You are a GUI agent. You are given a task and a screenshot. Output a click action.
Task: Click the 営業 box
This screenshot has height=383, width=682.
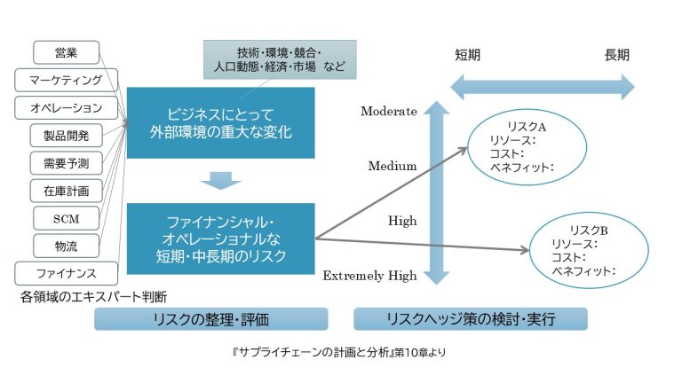pos(66,52)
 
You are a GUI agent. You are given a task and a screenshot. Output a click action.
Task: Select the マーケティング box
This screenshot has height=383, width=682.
pos(66,80)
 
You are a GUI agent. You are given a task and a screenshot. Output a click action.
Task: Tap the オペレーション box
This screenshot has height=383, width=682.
pos(66,107)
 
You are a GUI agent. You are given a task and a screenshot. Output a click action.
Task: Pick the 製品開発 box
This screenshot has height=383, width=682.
pos(66,135)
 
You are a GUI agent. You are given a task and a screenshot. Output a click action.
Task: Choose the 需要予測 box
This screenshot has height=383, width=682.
pos(66,162)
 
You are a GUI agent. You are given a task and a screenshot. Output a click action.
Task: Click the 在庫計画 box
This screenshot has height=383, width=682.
pos(66,190)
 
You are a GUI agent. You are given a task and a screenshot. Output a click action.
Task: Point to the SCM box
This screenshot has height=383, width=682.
pos(66,217)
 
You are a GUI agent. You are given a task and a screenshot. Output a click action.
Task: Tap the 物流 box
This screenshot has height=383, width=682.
pos(66,245)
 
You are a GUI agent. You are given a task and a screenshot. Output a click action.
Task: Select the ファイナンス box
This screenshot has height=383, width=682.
pos(66,272)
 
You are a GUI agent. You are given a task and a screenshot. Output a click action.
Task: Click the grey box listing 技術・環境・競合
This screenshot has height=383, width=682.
pos(279,59)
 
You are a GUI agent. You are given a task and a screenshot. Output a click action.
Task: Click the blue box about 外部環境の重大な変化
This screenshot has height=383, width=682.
pos(221,123)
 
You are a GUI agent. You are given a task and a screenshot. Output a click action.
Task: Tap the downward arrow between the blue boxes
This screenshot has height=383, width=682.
pos(221,180)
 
